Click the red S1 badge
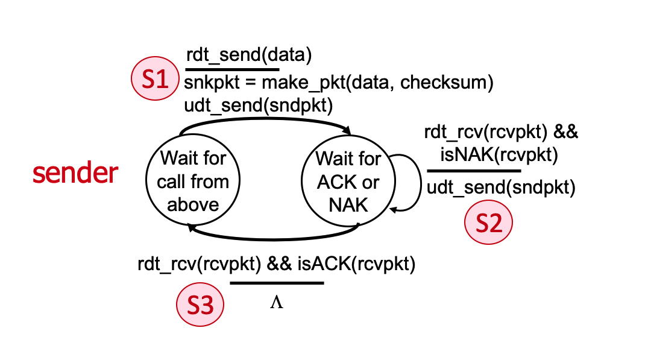(156, 81)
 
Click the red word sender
(75, 174)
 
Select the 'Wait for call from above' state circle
(193, 182)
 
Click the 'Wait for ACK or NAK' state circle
(348, 182)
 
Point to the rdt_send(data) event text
(248, 55)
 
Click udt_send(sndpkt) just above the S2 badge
(501, 188)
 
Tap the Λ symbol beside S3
(276, 302)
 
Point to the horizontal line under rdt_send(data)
(232, 69)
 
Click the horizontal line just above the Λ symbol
(277, 282)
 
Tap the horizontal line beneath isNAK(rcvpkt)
(474, 171)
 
